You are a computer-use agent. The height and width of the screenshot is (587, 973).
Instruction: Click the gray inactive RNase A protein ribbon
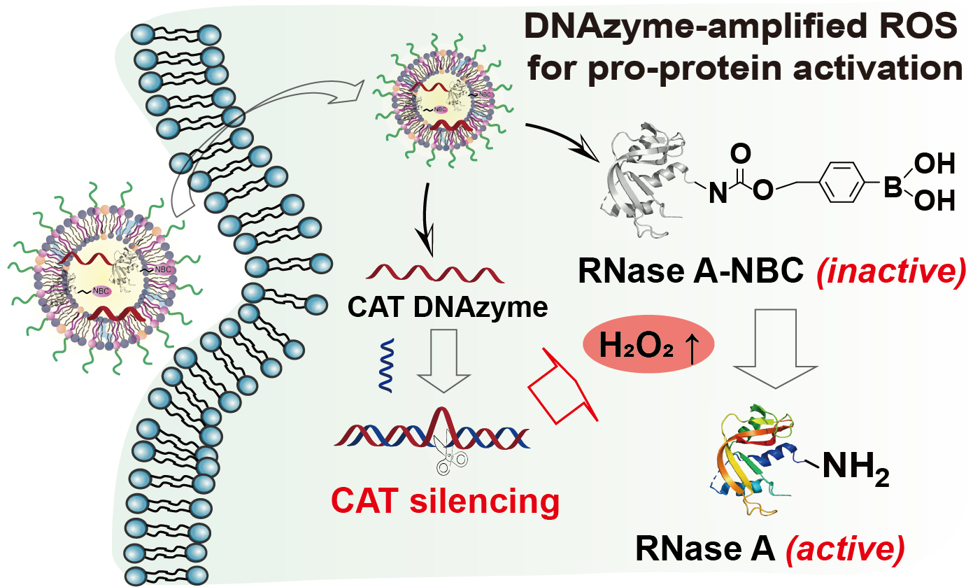641,178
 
